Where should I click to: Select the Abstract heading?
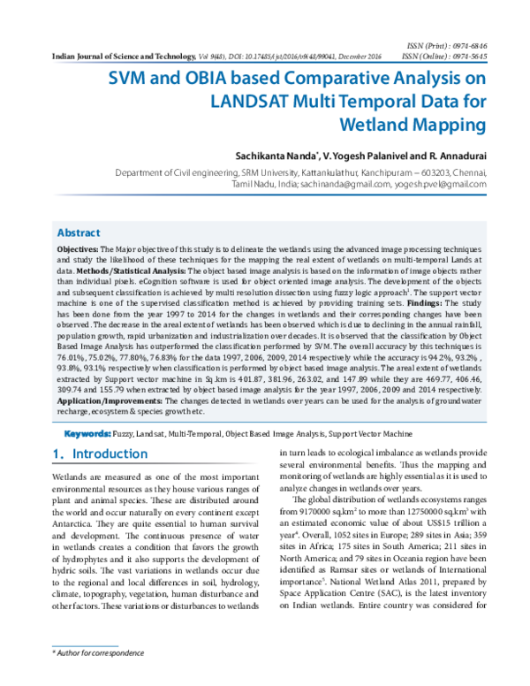(79, 232)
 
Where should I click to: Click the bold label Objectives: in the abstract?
(79, 251)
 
